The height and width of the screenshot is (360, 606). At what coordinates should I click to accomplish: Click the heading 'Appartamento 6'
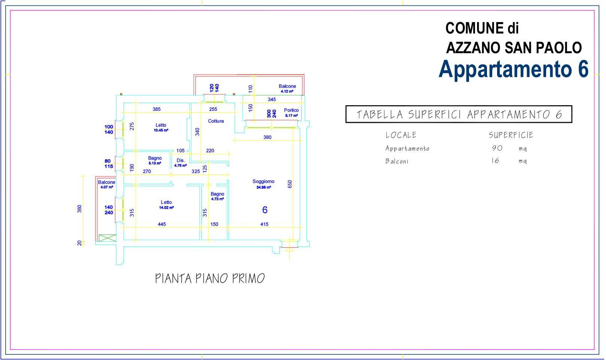click(x=514, y=69)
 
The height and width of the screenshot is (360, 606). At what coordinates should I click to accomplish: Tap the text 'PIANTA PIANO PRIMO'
click(x=210, y=279)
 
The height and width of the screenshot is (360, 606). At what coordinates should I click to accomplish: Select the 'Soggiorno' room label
click(x=264, y=181)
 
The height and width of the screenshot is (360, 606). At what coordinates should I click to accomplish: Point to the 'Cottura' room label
click(x=216, y=121)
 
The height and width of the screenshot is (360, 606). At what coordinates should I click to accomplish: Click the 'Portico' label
click(x=291, y=110)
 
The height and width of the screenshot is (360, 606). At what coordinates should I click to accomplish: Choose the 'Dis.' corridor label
click(x=181, y=160)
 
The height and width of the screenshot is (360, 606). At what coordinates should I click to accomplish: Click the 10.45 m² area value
click(x=161, y=130)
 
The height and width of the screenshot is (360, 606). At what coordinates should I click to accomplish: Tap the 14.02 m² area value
click(x=167, y=208)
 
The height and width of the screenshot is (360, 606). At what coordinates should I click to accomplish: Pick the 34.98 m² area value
click(x=264, y=187)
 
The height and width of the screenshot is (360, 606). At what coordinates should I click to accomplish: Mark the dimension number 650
click(x=290, y=184)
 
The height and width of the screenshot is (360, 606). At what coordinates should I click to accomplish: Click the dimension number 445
click(x=162, y=224)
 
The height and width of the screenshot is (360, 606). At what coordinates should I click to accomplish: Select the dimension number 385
click(x=156, y=109)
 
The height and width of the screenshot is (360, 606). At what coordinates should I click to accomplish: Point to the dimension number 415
click(x=264, y=224)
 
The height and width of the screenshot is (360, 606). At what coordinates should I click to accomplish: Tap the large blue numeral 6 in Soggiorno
click(x=265, y=210)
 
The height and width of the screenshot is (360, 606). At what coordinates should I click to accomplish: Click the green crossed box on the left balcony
click(x=107, y=238)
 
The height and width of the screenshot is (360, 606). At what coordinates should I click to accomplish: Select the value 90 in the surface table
click(x=497, y=148)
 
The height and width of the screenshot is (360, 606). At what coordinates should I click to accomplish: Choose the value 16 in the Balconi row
click(x=495, y=161)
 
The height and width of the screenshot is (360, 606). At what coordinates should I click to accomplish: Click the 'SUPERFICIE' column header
click(x=511, y=135)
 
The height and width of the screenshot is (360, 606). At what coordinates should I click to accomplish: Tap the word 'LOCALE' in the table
click(x=401, y=135)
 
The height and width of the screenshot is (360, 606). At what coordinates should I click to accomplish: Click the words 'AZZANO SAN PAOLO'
click(x=514, y=48)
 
